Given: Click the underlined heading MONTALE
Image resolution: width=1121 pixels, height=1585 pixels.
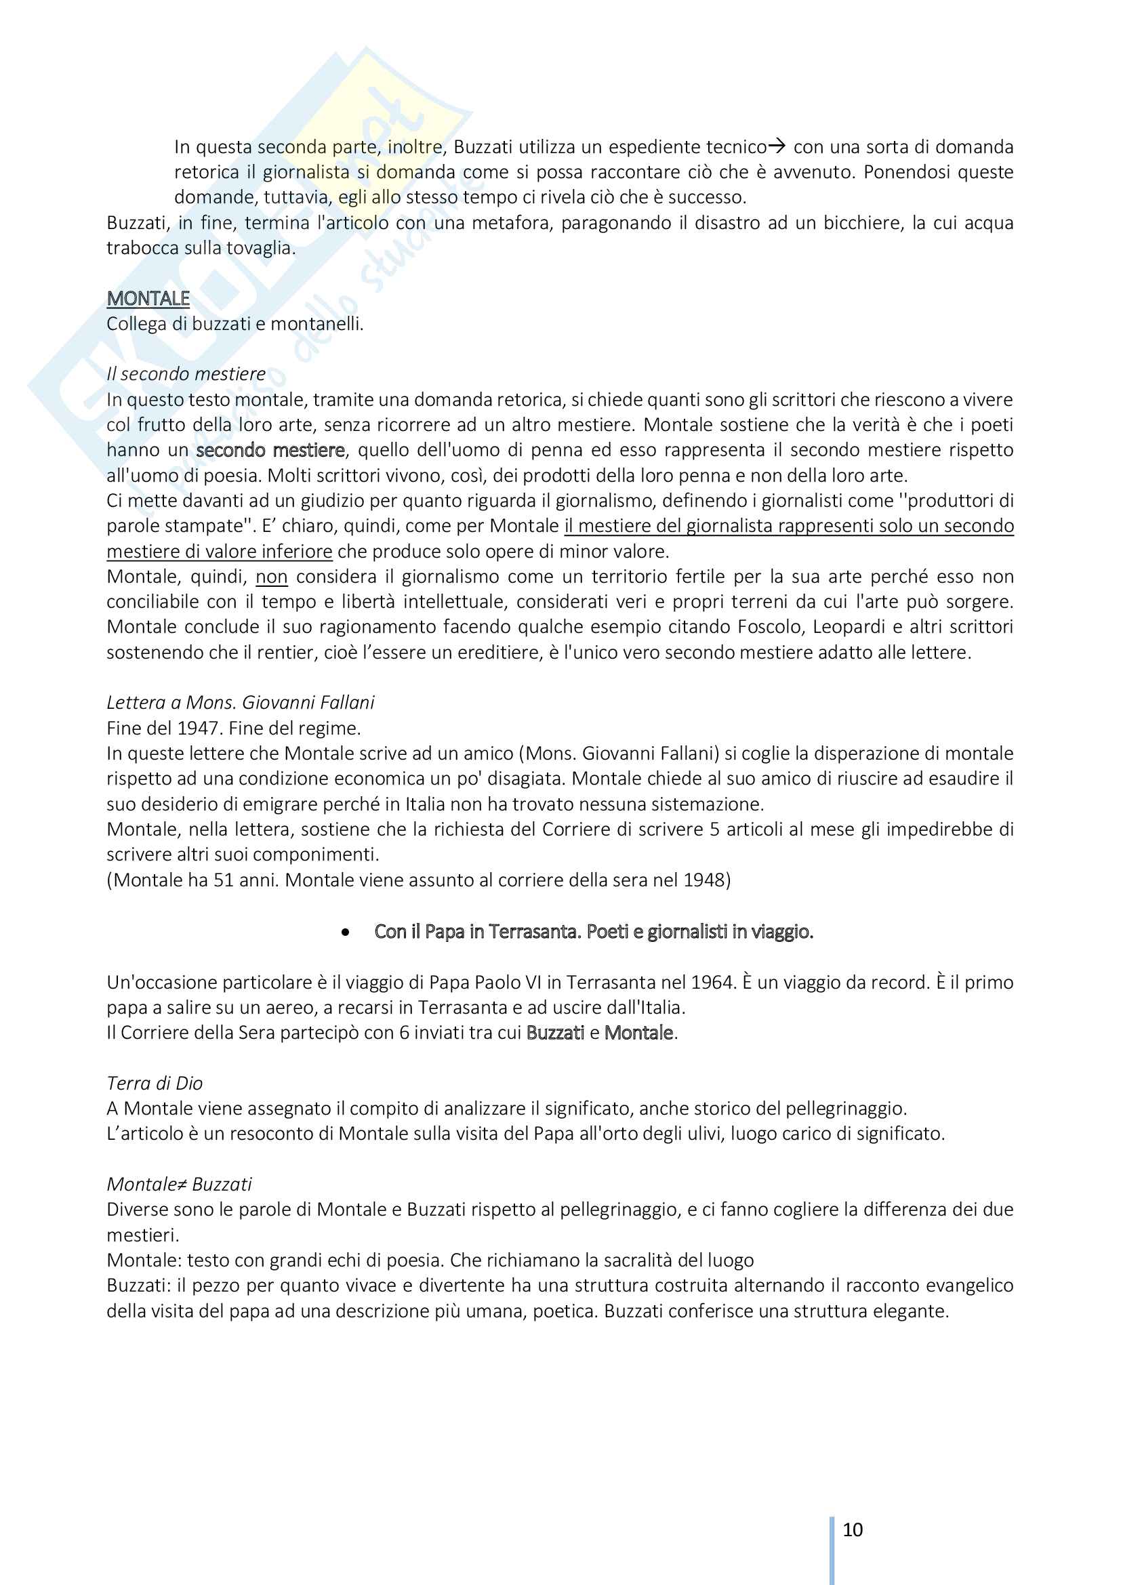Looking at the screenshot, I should pos(148,298).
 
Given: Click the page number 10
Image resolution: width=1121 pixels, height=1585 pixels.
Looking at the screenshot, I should pos(853,1530).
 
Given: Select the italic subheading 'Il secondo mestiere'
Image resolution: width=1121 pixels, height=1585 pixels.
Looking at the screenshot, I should pos(186,373).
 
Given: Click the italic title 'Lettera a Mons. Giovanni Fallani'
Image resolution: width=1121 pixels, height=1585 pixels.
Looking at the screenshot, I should pos(240,702).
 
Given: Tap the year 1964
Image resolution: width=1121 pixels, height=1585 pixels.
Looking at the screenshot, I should pos(712,982).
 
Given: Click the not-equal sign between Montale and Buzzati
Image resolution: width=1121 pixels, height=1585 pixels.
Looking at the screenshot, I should pos(184,1184).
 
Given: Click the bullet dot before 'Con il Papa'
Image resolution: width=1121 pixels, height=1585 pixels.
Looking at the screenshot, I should pos(345,932).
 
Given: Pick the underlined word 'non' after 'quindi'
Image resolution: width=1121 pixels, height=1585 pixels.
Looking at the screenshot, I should pos(271,577).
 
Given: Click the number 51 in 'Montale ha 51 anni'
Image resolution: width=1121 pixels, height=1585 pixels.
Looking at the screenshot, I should pos(224,880).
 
